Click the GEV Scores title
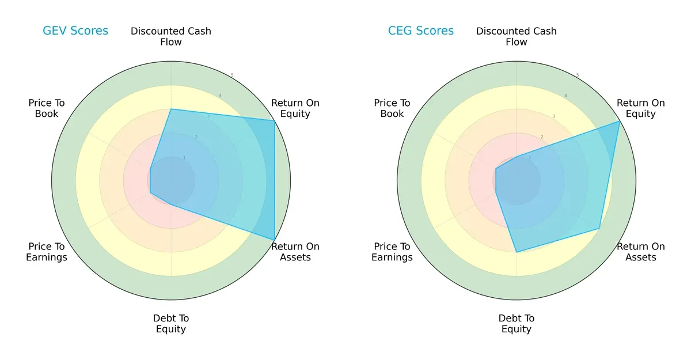[75, 31]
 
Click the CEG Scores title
[421, 31]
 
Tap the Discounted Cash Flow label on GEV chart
[171, 36]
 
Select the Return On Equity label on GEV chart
[295, 108]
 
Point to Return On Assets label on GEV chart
[295, 252]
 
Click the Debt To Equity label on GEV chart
[171, 324]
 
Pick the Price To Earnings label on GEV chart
[47, 252]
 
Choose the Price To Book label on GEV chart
[47, 108]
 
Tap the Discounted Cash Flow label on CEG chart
[517, 36]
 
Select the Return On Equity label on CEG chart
[641, 108]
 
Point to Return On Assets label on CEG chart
[641, 252]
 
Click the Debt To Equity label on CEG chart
[517, 324]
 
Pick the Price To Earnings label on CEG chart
[392, 252]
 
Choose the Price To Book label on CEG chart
[392, 108]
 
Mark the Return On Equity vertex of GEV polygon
[274, 120]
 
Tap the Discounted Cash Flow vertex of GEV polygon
[171, 109]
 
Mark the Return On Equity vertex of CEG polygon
[620, 121]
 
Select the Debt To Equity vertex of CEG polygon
[517, 252]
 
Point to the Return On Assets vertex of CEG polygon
[599, 229]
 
